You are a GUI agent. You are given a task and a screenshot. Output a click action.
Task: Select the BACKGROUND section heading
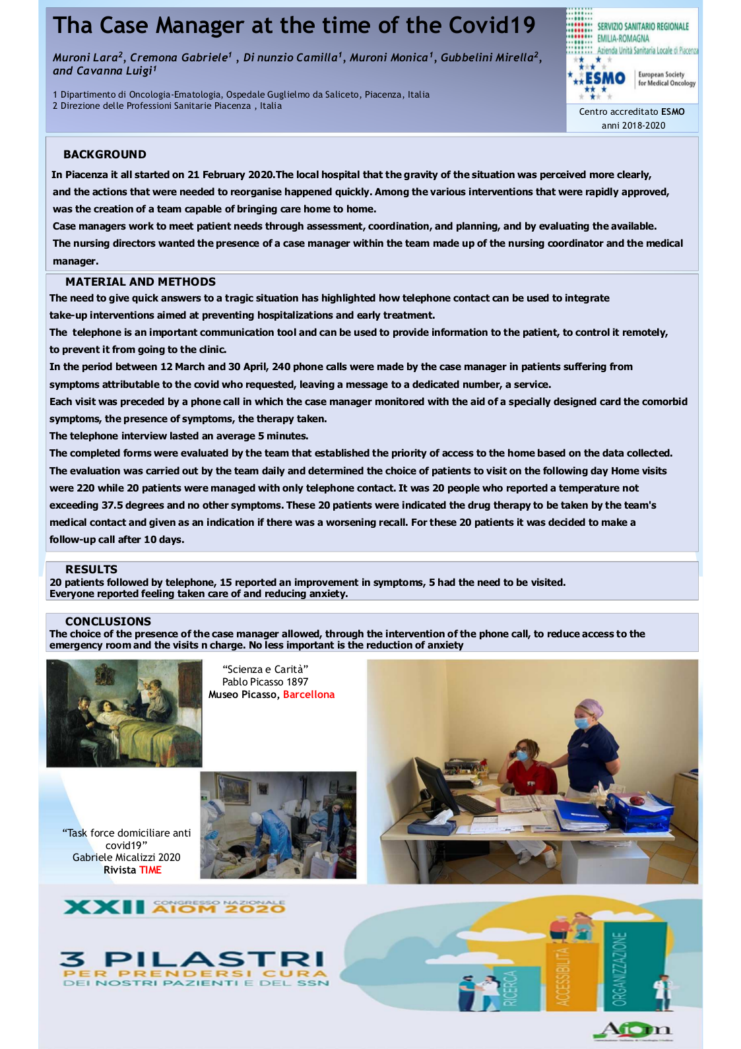(x=105, y=154)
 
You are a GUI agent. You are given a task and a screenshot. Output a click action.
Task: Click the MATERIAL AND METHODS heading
(x=141, y=282)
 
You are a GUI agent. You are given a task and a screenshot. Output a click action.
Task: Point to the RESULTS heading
(x=91, y=569)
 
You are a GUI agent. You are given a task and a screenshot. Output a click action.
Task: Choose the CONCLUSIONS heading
(x=108, y=621)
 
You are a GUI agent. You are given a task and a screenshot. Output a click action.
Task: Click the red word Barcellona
(x=309, y=695)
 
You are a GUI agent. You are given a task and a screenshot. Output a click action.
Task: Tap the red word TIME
(x=150, y=870)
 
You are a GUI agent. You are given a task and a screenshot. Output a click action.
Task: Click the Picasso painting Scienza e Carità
(x=124, y=713)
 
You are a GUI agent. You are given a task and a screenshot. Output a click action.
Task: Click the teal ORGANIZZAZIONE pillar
(x=620, y=967)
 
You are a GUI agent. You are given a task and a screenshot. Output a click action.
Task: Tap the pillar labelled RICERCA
(x=511, y=988)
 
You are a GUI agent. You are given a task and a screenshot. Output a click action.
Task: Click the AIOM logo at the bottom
(x=632, y=1029)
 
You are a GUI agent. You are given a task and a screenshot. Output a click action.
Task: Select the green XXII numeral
(x=104, y=908)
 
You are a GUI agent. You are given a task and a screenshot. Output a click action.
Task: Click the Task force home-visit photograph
(x=278, y=825)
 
